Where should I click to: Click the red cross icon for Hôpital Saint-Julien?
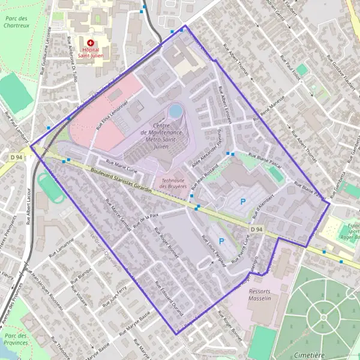point(91,43)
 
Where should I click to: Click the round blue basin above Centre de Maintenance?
point(175,111)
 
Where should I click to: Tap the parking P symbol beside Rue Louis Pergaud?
point(221,241)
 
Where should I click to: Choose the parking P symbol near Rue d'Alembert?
point(243,202)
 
